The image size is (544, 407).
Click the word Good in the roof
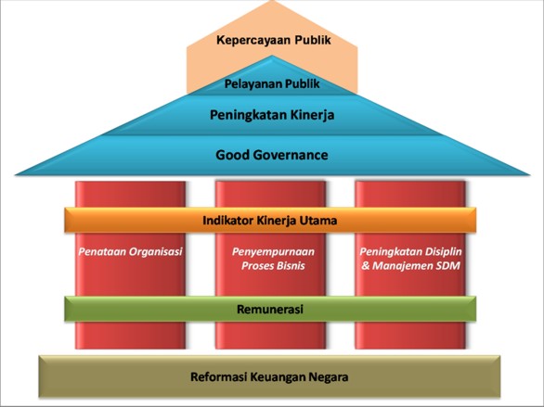click(231, 155)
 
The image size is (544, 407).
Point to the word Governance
click(290, 155)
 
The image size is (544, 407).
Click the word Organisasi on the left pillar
click(155, 252)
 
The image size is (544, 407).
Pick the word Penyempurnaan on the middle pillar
click(273, 252)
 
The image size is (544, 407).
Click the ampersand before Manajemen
click(366, 266)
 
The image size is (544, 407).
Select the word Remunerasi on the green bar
click(270, 309)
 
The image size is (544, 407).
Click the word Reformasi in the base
click(218, 376)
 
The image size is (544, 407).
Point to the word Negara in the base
click(329, 376)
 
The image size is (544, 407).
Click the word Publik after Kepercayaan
click(313, 40)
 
